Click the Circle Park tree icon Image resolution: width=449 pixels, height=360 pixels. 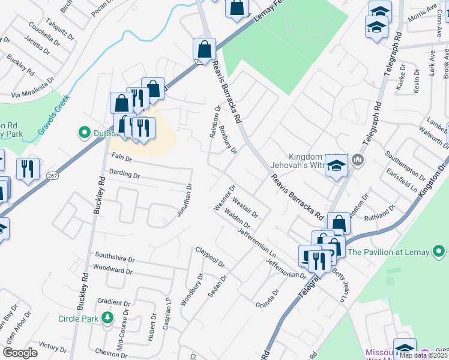pyautogui.click(x=107, y=317)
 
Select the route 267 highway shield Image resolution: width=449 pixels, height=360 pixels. pyautogui.click(x=52, y=175)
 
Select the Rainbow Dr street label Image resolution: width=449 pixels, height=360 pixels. pyautogui.click(x=214, y=122)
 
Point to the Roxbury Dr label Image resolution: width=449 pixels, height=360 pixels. pyautogui.click(x=228, y=139)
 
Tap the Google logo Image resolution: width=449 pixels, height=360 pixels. pyautogui.click(x=20, y=353)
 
